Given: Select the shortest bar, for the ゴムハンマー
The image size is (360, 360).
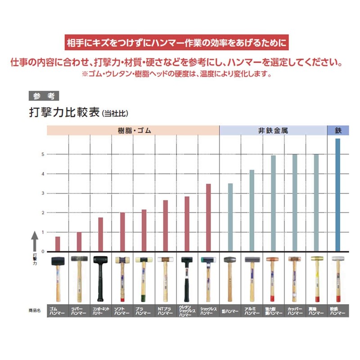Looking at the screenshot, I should (58, 244).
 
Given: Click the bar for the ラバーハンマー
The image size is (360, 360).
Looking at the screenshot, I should (79, 242).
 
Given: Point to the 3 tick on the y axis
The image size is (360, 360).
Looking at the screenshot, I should (43, 193).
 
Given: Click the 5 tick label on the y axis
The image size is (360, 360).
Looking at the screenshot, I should (43, 154).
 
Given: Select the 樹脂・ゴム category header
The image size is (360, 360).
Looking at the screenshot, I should (132, 130).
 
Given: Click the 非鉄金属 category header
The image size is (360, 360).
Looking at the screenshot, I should (273, 130).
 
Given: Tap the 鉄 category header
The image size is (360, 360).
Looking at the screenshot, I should (338, 130).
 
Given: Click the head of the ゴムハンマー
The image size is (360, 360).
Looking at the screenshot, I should (58, 261).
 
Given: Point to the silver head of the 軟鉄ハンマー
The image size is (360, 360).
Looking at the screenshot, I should (338, 259).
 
